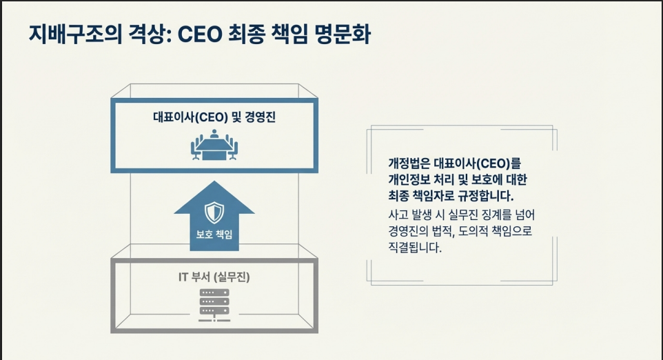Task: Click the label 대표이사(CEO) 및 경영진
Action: pos(214,117)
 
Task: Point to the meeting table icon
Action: pos(214,146)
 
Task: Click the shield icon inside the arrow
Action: pos(214,212)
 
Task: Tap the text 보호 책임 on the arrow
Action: pos(214,234)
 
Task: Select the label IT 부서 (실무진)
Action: pos(214,278)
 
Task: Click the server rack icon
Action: pos(214,303)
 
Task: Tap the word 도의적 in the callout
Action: pos(469,230)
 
